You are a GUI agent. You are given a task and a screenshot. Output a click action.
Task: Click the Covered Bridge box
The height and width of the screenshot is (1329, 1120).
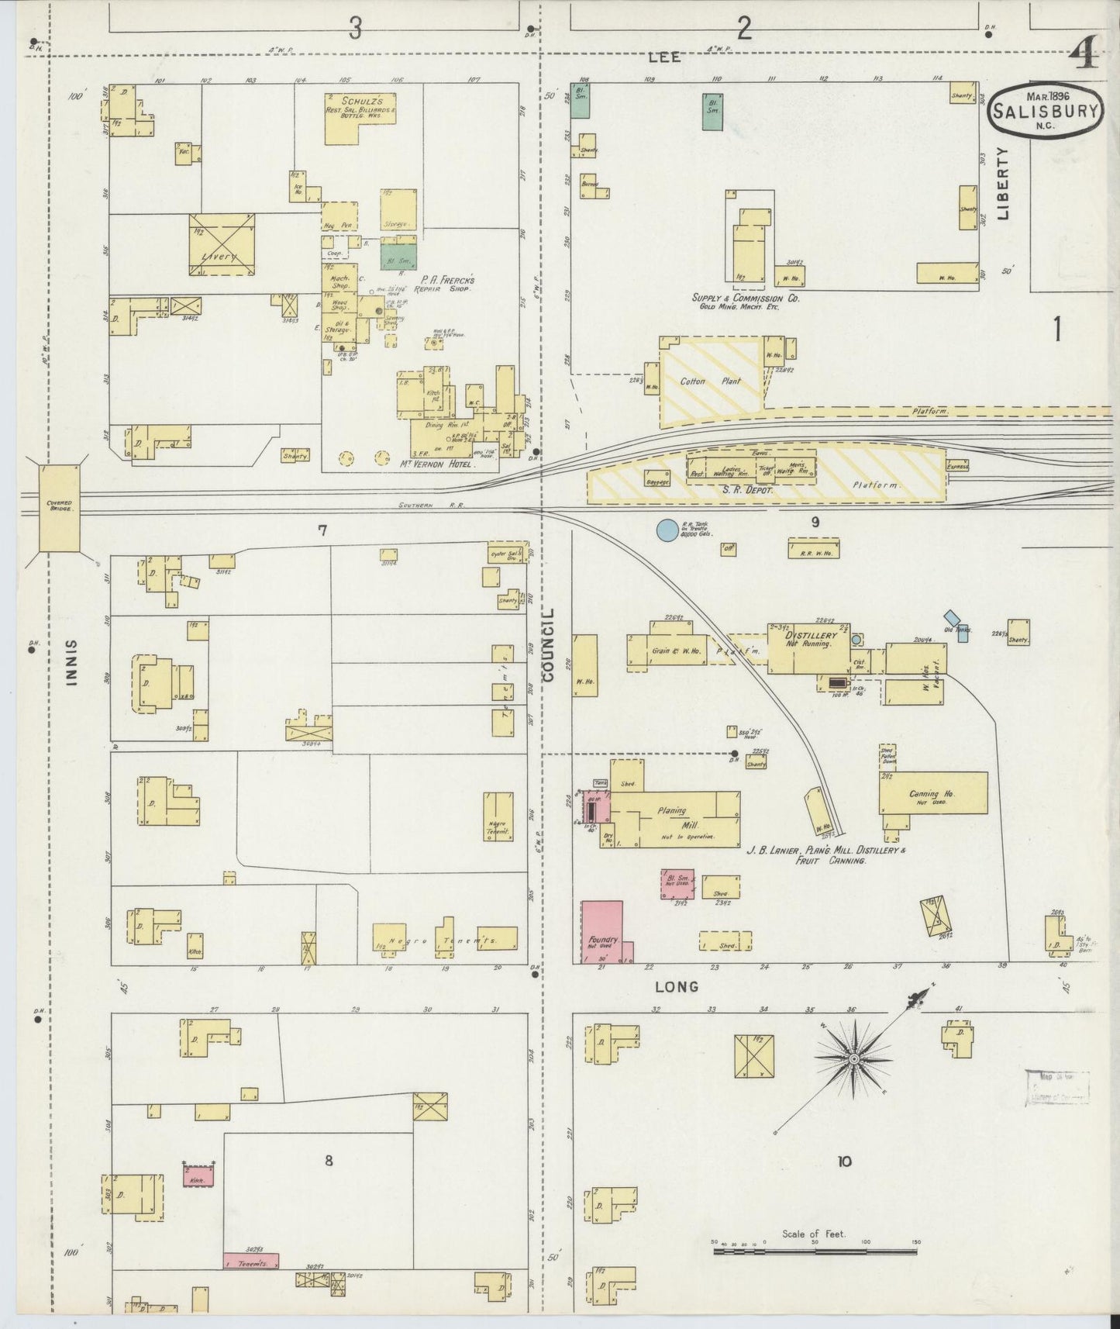click(x=59, y=508)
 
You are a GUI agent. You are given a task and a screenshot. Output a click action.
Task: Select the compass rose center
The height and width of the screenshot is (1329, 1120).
click(x=853, y=1059)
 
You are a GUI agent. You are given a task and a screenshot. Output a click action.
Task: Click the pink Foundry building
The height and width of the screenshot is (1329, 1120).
click(x=602, y=930)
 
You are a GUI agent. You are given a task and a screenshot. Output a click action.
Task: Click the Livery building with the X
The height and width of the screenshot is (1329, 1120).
click(x=222, y=244)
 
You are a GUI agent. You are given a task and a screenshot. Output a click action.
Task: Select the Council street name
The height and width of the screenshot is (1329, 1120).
click(x=550, y=645)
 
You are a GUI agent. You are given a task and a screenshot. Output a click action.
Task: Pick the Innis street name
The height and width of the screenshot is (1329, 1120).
click(x=72, y=663)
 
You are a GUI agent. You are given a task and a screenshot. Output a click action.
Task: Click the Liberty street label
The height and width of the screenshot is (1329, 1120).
click(x=1004, y=183)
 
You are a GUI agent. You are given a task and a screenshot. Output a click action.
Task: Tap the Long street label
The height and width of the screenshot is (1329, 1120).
click(x=677, y=987)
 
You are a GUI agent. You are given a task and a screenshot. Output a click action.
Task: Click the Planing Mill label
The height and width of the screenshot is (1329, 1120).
click(x=672, y=816)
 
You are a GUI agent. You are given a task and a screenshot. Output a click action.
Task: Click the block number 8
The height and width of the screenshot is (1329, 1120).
click(x=329, y=1161)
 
